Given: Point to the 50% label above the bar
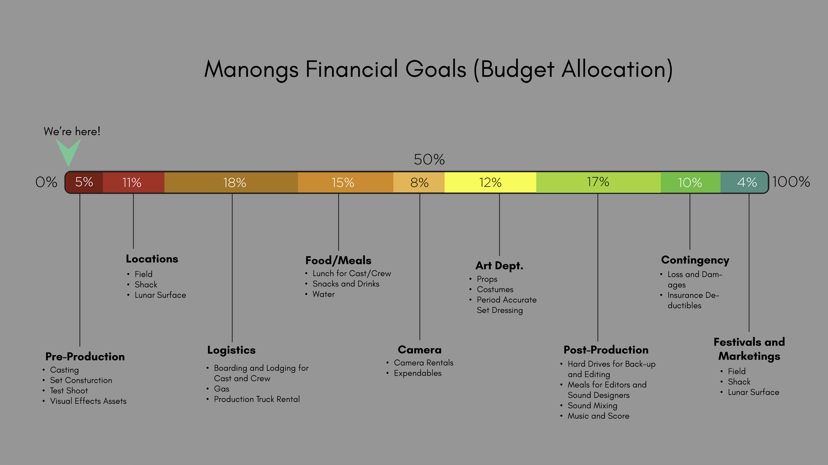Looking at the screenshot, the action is (x=429, y=160).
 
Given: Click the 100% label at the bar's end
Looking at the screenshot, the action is (x=791, y=182).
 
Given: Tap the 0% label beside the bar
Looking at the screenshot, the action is (x=46, y=182).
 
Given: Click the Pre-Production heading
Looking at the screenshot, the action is (x=85, y=357).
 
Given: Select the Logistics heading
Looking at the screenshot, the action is (x=231, y=350).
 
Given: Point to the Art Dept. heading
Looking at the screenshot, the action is (x=499, y=266).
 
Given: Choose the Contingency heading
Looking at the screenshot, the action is (x=695, y=260).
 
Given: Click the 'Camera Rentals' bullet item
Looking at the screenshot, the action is (x=424, y=363).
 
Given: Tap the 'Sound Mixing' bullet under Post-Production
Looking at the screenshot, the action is (x=592, y=405).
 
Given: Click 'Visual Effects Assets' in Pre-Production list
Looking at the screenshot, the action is (x=88, y=401).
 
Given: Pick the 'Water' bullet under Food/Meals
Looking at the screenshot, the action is (x=324, y=294).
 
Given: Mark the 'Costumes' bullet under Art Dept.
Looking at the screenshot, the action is (x=495, y=289).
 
